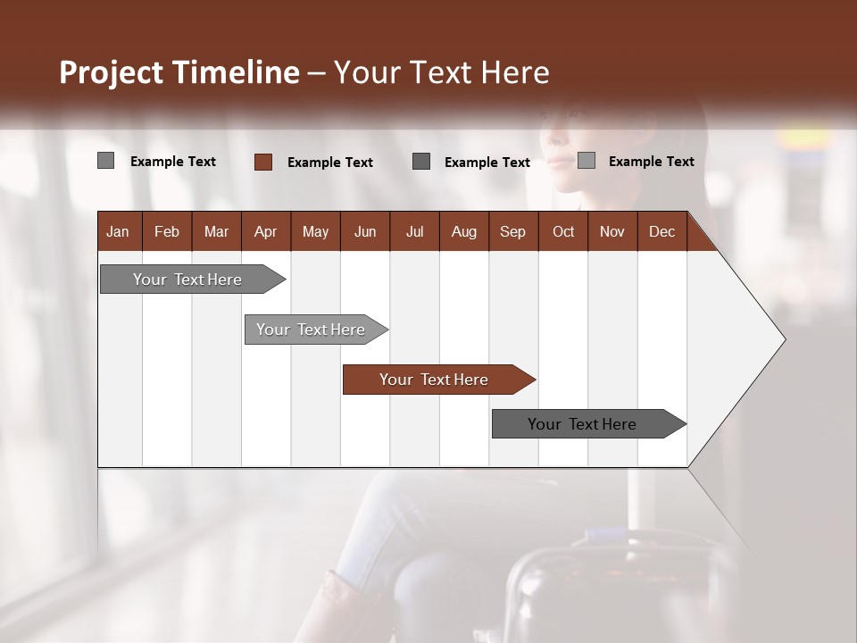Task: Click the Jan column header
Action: click(118, 231)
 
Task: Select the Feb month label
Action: click(167, 231)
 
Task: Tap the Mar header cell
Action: click(216, 231)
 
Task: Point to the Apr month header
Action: click(265, 231)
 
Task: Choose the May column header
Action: click(315, 231)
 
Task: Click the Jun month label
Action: click(365, 231)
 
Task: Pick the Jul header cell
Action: click(414, 231)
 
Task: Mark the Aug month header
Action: click(463, 231)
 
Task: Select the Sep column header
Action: click(512, 231)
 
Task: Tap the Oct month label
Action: click(563, 231)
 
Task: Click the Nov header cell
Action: click(612, 231)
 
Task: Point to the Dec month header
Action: click(661, 231)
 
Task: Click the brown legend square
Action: click(263, 162)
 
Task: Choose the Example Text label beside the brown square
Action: click(330, 163)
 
